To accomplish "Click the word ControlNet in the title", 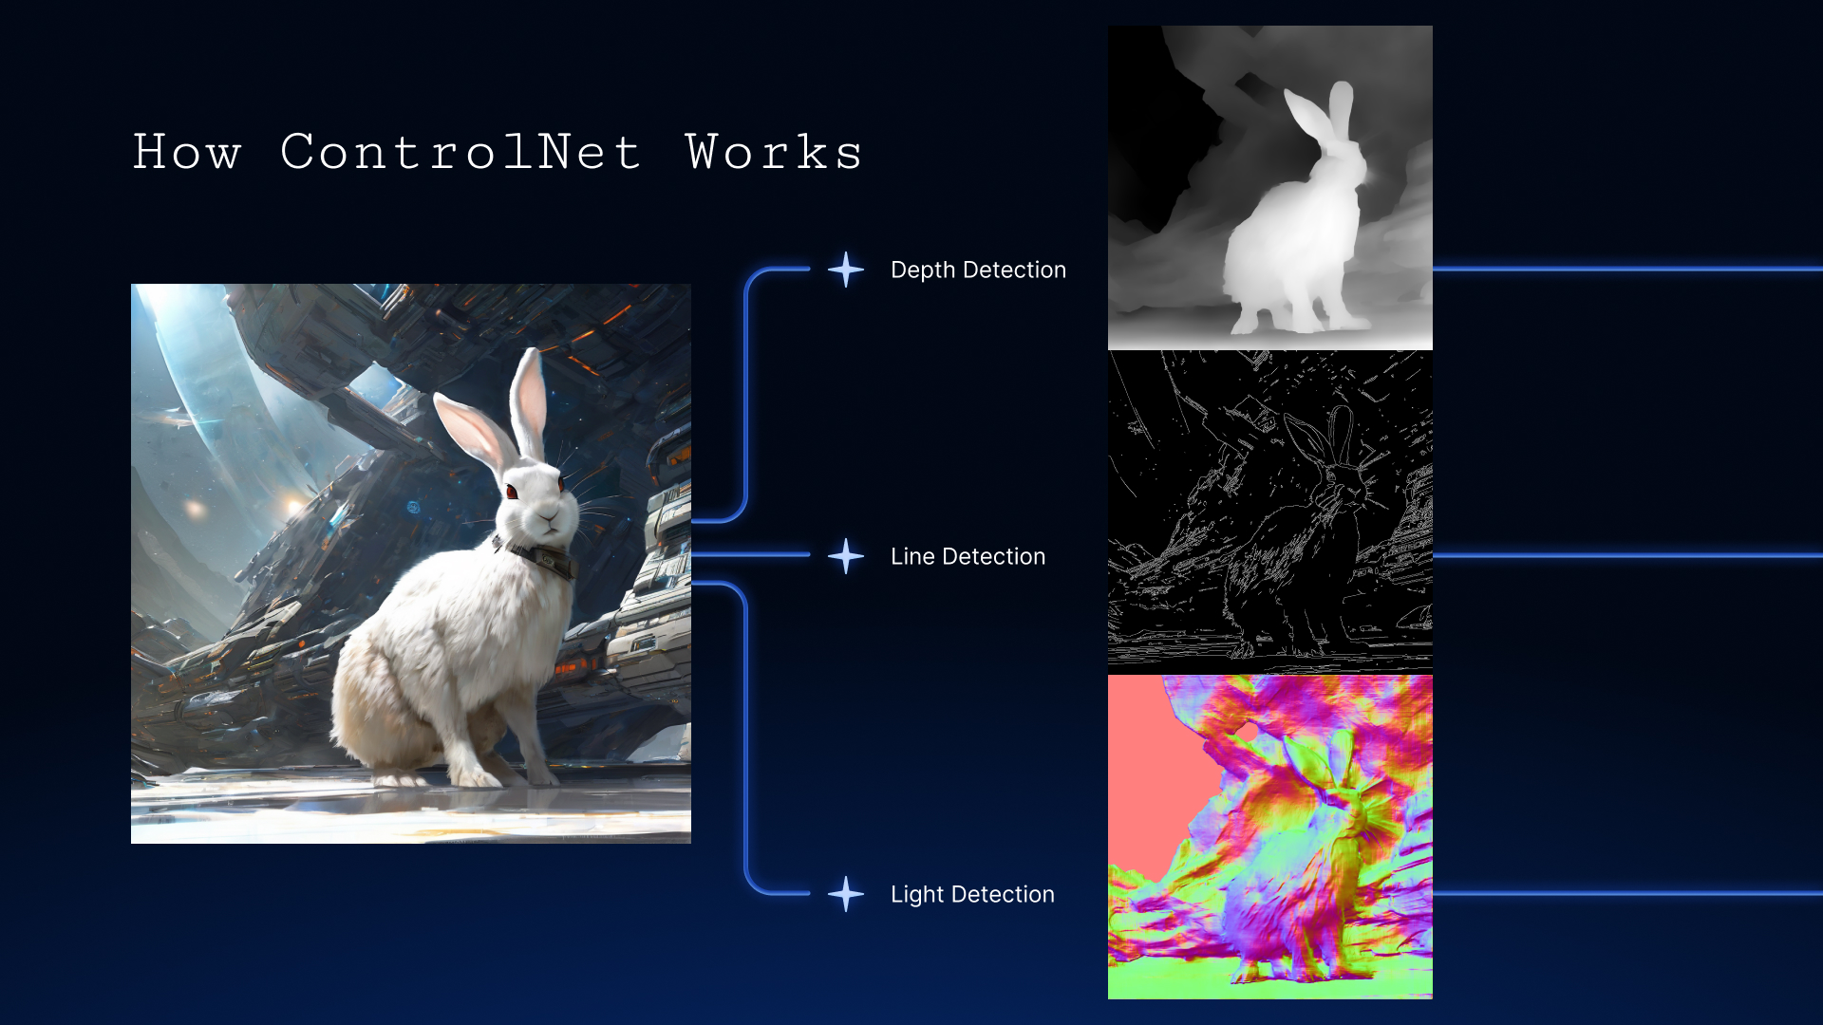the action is click(461, 152).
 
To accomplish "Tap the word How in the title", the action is click(187, 152).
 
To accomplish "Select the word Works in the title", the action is click(774, 152).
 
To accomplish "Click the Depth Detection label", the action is click(978, 270).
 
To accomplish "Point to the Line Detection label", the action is click(968, 557).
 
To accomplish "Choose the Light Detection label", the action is click(972, 895).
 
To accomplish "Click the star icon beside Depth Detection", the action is click(846, 270).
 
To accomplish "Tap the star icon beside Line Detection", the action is click(846, 556).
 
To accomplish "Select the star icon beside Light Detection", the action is click(846, 894).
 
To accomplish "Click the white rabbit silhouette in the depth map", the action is click(1296, 237).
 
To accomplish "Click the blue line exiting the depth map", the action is click(1627, 270).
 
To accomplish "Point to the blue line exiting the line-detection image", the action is click(1627, 556).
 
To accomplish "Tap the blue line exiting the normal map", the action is click(1627, 894).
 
